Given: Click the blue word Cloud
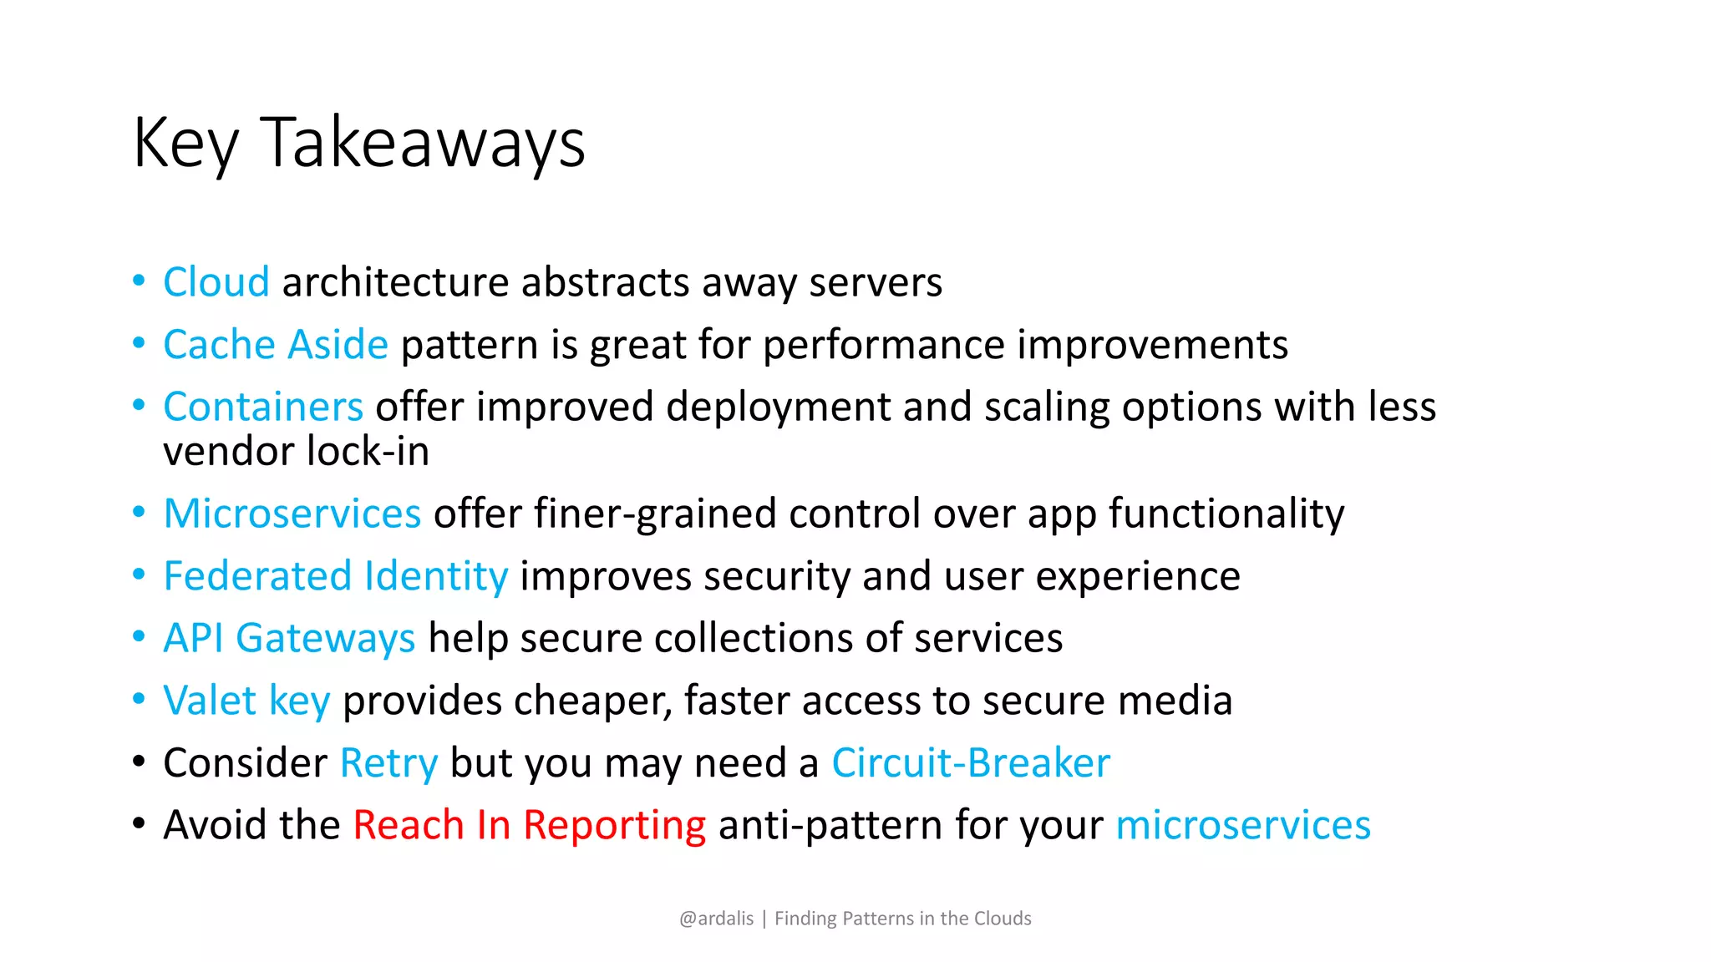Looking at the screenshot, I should pyautogui.click(x=216, y=282).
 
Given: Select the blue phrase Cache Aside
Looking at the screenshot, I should pyautogui.click(x=276, y=345).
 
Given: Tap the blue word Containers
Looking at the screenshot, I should pyautogui.click(x=263, y=408).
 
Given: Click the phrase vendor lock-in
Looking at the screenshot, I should pyautogui.click(x=296, y=452).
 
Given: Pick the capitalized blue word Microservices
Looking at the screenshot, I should pyautogui.click(x=292, y=514).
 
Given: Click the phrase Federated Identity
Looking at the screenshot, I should pyautogui.click(x=335, y=576).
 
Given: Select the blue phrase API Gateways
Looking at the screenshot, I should pyautogui.click(x=289, y=639).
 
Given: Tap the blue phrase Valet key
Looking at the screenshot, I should pyautogui.click(x=246, y=701).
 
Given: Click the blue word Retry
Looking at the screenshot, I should pyautogui.click(x=388, y=763).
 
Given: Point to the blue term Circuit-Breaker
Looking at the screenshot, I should pyautogui.click(x=971, y=763).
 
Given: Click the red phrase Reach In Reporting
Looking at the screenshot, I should pyautogui.click(x=529, y=825).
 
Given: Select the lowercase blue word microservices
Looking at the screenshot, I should pyautogui.click(x=1243, y=825).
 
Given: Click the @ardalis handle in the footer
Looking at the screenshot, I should pyautogui.click(x=716, y=919).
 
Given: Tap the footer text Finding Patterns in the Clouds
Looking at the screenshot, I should pyautogui.click(x=902, y=919).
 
